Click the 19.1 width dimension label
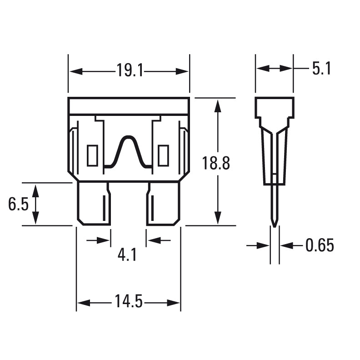[129, 71]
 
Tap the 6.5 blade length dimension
[18, 205]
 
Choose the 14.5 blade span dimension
[129, 302]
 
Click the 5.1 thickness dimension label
[321, 69]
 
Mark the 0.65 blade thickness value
[320, 246]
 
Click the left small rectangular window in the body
[92, 155]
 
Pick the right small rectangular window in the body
[163, 155]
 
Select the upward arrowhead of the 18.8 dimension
[218, 106]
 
